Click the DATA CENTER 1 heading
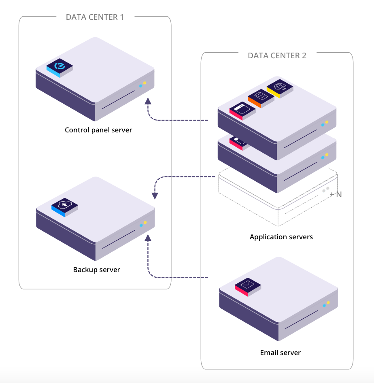(x=95, y=17)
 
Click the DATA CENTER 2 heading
(x=277, y=55)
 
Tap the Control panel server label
(x=98, y=130)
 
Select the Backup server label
(x=96, y=269)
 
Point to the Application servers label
(x=281, y=236)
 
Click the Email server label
(x=280, y=352)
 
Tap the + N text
(x=336, y=194)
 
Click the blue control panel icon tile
(x=59, y=67)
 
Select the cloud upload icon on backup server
(x=64, y=205)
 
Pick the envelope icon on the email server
(x=247, y=286)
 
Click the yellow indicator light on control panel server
(x=144, y=83)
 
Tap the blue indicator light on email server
(x=324, y=306)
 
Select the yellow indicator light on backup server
(x=145, y=222)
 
